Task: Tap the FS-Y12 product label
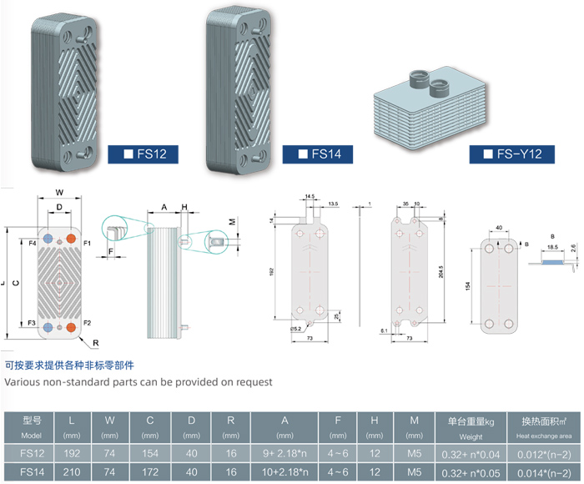click(x=518, y=154)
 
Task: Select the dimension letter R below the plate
click(x=96, y=343)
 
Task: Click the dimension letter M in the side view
click(x=233, y=222)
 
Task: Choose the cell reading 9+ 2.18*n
click(x=284, y=455)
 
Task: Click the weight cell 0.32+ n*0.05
click(x=471, y=472)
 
